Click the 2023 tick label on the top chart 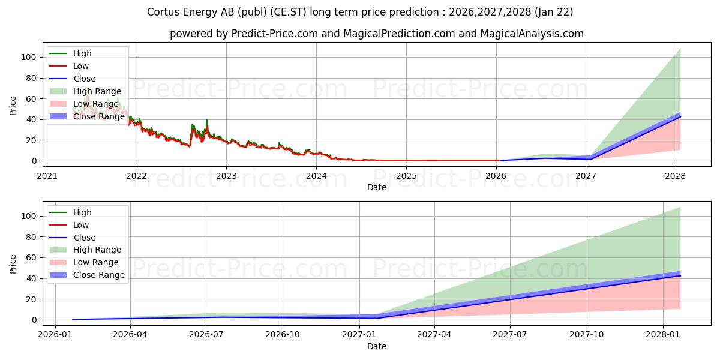(x=226, y=176)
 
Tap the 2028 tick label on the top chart (x=676, y=176)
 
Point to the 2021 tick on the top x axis (x=47, y=176)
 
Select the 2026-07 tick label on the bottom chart (x=206, y=335)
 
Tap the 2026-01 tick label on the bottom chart (x=55, y=335)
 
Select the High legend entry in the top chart (x=83, y=53)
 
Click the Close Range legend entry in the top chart (x=98, y=116)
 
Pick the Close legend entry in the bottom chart (x=84, y=238)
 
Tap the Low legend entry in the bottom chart (x=81, y=225)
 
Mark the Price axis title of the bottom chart (x=13, y=263)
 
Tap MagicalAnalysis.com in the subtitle (x=532, y=34)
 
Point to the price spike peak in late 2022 (x=207, y=120)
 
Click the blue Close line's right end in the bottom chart (x=680, y=276)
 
